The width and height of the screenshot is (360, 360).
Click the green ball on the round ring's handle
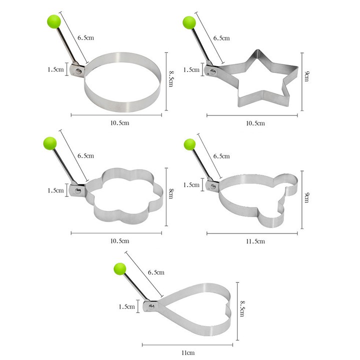(x=54, y=21)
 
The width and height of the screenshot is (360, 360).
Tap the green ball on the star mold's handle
(x=189, y=22)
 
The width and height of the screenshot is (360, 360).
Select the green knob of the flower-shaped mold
(x=50, y=143)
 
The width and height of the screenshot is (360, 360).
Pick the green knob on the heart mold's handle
(x=120, y=269)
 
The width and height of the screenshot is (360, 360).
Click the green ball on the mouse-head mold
(x=190, y=144)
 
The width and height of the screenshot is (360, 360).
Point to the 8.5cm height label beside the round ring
(x=171, y=79)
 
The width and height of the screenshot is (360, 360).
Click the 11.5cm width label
(x=255, y=241)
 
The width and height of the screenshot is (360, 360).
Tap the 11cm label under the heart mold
(x=188, y=352)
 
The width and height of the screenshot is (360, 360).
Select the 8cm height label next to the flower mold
(x=171, y=193)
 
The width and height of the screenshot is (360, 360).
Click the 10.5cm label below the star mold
(x=255, y=123)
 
